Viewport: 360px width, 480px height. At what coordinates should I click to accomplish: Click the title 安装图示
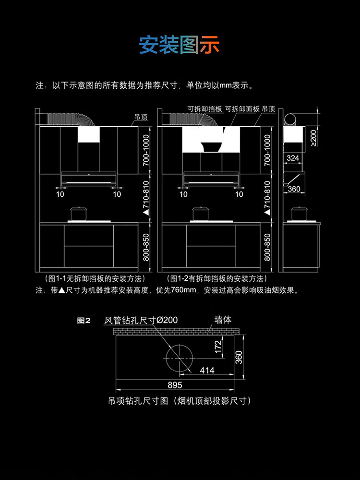pos(180,45)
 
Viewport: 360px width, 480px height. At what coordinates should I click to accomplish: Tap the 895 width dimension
pos(175,385)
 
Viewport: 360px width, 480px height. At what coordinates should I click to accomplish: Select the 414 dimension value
pos(207,371)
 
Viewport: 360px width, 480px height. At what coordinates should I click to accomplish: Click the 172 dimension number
pos(218,347)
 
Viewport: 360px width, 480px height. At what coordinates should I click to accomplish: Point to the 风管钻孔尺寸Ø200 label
pos(141,320)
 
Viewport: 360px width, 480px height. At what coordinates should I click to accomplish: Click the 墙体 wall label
pos(223,320)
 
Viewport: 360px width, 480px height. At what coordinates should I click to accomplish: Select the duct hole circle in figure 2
pos(180,358)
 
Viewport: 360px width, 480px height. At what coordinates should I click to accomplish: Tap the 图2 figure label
pos(84,321)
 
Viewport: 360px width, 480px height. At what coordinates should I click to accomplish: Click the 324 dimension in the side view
pos(293,158)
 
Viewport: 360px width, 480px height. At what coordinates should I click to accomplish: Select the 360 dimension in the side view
pos(294,189)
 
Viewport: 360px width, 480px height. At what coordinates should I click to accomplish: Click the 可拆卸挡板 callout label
pos(205,109)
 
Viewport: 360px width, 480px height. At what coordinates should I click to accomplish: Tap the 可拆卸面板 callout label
pos(242,109)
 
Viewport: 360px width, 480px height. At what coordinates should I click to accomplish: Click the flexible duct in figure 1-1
pos(71,120)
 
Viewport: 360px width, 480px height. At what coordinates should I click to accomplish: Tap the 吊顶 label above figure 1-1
pos(141,117)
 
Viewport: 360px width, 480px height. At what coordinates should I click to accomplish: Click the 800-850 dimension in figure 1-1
pos(146,247)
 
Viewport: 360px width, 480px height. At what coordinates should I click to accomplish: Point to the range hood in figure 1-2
pos(211,179)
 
